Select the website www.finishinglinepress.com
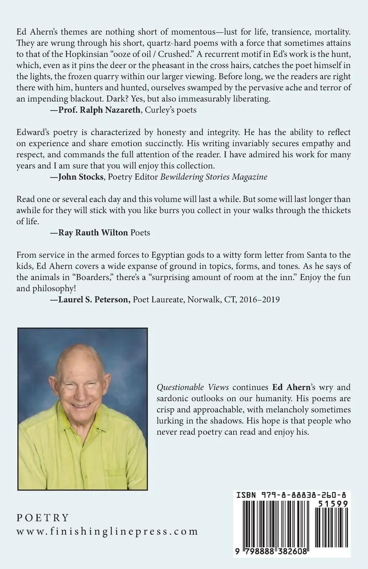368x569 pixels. point(107,531)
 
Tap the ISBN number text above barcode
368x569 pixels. point(292,495)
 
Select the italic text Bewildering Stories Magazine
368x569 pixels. point(214,177)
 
